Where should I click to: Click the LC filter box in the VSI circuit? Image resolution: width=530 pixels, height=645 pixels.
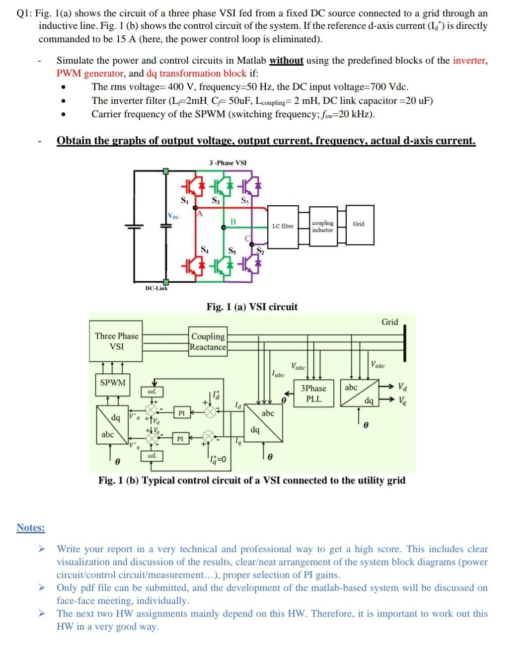[x=283, y=226]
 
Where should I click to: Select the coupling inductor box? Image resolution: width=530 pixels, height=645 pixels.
[x=322, y=226]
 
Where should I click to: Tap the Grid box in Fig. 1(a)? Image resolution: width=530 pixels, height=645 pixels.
[x=359, y=224]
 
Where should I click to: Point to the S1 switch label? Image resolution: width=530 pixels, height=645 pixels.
[x=184, y=201]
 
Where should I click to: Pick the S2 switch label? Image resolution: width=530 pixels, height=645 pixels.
[x=260, y=252]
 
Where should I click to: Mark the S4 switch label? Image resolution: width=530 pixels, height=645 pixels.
[x=204, y=249]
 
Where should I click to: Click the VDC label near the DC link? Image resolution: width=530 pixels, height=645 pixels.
[x=174, y=216]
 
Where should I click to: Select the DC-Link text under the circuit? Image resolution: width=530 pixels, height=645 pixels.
[x=156, y=288]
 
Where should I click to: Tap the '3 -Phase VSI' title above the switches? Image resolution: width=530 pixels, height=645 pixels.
[x=227, y=163]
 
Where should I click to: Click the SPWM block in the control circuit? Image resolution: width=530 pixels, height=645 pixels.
[x=113, y=383]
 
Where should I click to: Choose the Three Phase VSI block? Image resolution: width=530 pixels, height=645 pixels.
[x=116, y=341]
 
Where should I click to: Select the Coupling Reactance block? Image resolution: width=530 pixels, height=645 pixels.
[x=208, y=341]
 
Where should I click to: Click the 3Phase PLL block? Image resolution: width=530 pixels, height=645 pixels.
[x=313, y=394]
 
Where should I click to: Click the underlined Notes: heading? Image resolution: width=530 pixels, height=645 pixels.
[x=31, y=527]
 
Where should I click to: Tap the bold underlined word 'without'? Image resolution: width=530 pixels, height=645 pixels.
[x=286, y=61]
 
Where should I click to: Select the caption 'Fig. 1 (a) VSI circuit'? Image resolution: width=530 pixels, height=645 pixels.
[x=252, y=307]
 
